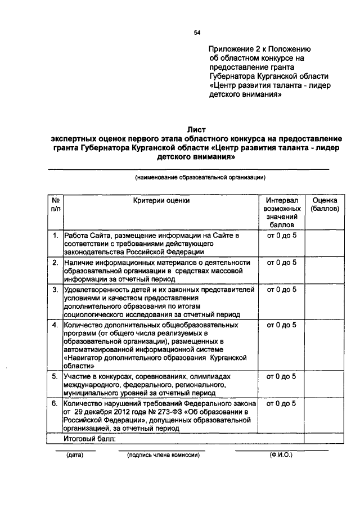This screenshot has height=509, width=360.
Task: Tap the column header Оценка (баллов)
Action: pyautogui.click(x=324, y=204)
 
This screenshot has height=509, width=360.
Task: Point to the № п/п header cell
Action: pyautogui.click(x=56, y=204)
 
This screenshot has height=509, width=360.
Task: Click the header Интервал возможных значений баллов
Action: pyautogui.click(x=282, y=212)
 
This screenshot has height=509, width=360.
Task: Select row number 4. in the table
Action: pyautogui.click(x=56, y=325)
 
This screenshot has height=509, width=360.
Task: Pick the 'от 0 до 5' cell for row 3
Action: pyautogui.click(x=282, y=290)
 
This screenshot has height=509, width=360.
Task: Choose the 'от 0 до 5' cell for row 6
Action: pyautogui.click(x=282, y=404)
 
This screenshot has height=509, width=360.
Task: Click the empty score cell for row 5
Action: pyautogui.click(x=324, y=385)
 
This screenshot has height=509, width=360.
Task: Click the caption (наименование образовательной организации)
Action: pyautogui.click(x=200, y=178)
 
